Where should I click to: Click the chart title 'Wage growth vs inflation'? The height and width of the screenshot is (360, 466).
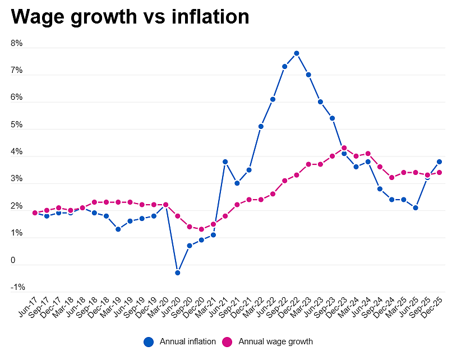tap(130, 17)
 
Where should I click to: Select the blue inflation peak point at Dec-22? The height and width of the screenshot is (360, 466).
tap(296, 53)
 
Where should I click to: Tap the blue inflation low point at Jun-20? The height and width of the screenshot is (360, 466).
tap(177, 273)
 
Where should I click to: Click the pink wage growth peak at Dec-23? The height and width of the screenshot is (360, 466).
tap(344, 147)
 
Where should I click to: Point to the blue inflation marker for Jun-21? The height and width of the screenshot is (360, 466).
tap(225, 161)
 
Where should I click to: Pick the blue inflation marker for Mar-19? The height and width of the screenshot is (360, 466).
tap(118, 229)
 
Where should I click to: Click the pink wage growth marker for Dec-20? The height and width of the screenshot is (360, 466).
tap(201, 229)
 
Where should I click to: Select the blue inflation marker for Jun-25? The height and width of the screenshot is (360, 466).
tap(416, 208)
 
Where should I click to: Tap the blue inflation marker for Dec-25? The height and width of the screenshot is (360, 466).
tap(439, 161)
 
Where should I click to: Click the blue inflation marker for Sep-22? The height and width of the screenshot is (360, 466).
tap(284, 67)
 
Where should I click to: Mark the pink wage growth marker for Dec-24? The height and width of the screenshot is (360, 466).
tap(392, 177)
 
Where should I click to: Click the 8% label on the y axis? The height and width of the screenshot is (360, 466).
tap(17, 43)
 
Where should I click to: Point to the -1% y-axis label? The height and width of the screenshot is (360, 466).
tap(18, 287)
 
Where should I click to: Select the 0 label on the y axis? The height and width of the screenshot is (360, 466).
tap(13, 260)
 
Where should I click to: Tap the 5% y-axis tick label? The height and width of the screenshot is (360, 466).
tap(17, 124)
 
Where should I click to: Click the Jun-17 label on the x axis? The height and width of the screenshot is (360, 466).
tap(27, 307)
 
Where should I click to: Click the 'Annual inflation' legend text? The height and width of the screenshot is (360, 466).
tap(188, 341)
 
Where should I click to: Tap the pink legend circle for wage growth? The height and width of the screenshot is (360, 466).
tap(227, 342)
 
